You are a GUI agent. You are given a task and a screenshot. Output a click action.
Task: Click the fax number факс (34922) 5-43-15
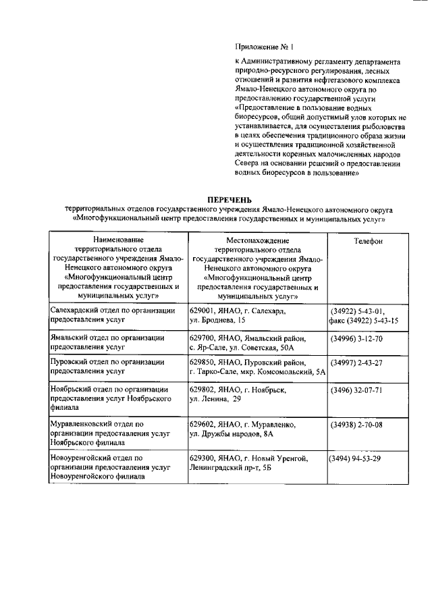coord(363,321)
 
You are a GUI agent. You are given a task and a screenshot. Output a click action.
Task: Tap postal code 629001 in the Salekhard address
coord(202,311)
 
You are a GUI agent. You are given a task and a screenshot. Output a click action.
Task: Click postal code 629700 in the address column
coord(202,338)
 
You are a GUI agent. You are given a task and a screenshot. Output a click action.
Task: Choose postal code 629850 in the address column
coord(202,363)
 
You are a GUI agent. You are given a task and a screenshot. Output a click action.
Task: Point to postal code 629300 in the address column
coord(202,459)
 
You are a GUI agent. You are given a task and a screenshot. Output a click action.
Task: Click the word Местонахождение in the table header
coord(258,240)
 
